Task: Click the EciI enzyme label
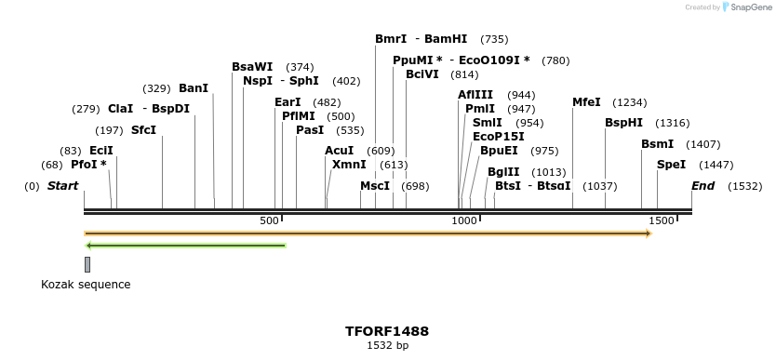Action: click(101, 150)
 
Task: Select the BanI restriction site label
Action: click(193, 88)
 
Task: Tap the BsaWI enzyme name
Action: click(252, 67)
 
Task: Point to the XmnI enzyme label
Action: click(349, 165)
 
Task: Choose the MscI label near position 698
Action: click(375, 186)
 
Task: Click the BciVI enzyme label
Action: click(422, 74)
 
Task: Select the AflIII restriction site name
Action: click(475, 95)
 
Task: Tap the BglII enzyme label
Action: click(503, 172)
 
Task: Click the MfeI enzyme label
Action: click(586, 102)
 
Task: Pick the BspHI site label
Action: click(623, 123)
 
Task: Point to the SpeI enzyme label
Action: click(671, 165)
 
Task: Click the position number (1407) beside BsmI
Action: click(702, 144)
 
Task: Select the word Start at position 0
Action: click(62, 186)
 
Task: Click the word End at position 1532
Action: click(702, 186)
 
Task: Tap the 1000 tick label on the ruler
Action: click(463, 220)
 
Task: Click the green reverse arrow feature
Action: click(185, 246)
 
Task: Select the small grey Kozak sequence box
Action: click(87, 264)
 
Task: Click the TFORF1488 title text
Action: click(387, 331)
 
